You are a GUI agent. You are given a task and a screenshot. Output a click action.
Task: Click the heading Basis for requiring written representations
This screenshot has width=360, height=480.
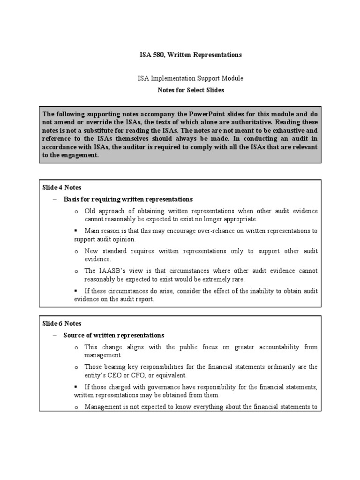tap(128, 199)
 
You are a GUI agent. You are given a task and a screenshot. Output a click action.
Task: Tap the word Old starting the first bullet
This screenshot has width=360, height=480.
tap(90, 211)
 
